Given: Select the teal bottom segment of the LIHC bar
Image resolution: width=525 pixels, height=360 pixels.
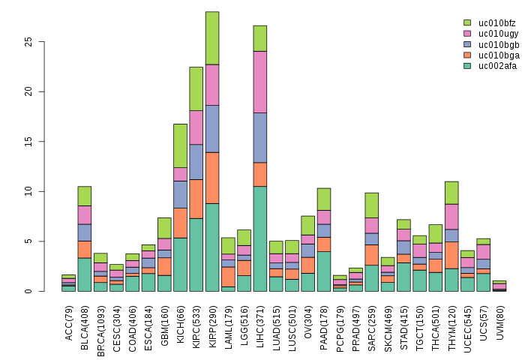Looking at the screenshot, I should pyautogui.click(x=260, y=238).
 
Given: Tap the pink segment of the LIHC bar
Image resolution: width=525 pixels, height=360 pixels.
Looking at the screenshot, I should pyautogui.click(x=260, y=82).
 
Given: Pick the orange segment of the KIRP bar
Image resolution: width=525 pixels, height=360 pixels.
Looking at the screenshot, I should pyautogui.click(x=212, y=178).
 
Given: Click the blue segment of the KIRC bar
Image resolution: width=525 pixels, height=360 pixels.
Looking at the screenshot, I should pyautogui.click(x=196, y=162).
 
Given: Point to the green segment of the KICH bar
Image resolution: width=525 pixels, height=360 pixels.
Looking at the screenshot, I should pyautogui.click(x=180, y=145).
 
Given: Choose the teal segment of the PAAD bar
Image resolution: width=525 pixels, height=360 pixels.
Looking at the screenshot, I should pyautogui.click(x=324, y=271).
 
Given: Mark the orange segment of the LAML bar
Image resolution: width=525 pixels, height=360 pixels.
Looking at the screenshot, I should pyautogui.click(x=228, y=277).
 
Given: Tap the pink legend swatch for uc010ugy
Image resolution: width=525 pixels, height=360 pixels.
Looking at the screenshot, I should pyautogui.click(x=467, y=34).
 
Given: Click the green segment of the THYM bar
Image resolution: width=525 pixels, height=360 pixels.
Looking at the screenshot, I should pyautogui.click(x=451, y=193).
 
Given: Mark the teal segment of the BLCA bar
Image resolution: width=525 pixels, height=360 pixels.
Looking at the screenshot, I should pyautogui.click(x=84, y=274).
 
